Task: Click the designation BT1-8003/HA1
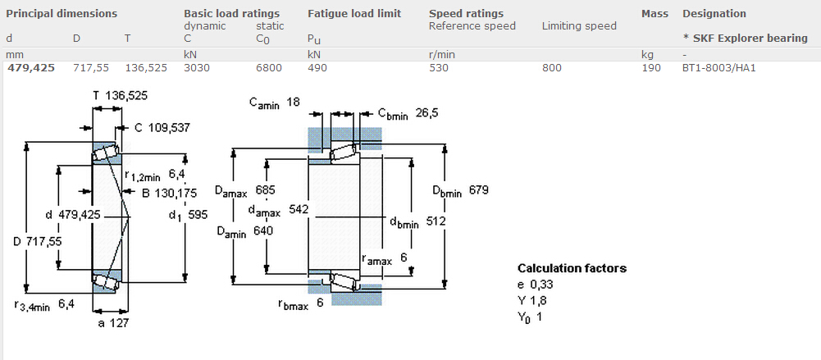718,68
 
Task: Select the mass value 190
651,68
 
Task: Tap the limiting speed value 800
552,68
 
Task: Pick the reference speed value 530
439,68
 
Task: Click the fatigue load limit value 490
317,68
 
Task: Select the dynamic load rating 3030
197,68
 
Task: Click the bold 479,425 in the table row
31,68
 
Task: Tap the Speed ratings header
466,14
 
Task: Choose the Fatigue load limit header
354,14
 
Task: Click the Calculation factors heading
572,268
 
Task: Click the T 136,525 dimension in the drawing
121,96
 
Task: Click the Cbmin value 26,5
426,113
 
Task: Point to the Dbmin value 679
479,190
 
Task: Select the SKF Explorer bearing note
745,39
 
